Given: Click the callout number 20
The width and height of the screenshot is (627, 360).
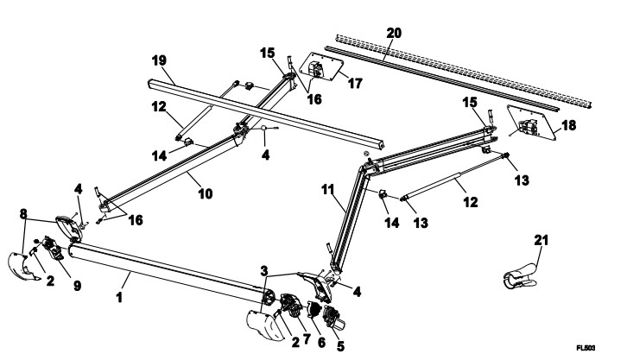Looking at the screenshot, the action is (394, 33).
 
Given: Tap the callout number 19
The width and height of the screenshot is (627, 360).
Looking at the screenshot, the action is (159, 61).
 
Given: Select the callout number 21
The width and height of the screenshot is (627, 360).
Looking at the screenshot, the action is (541, 241).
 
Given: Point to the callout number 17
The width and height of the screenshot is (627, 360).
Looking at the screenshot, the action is (355, 84).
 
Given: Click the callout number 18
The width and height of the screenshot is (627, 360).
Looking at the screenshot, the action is (569, 125).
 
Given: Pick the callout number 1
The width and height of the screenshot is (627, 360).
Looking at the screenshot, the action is (119, 298).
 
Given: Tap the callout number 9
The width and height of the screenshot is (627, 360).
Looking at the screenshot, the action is (77, 286).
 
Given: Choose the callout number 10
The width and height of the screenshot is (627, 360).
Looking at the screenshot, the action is (206, 194).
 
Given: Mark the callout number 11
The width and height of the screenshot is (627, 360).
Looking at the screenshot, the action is (328, 190).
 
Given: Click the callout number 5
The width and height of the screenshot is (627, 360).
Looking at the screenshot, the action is (340, 346).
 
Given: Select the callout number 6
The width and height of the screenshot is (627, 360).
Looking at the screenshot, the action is (321, 343).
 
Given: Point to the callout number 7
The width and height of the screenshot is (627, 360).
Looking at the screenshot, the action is (307, 339).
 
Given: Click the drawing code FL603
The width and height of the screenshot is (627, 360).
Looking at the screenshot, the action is (586, 348).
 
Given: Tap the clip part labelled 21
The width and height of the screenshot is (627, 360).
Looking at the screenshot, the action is (518, 275).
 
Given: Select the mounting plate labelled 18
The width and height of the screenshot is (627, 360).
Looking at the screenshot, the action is (532, 123).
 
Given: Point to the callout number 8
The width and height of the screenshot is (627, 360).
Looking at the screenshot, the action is (23, 214).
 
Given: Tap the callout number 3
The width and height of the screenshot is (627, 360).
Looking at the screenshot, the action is (264, 270).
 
